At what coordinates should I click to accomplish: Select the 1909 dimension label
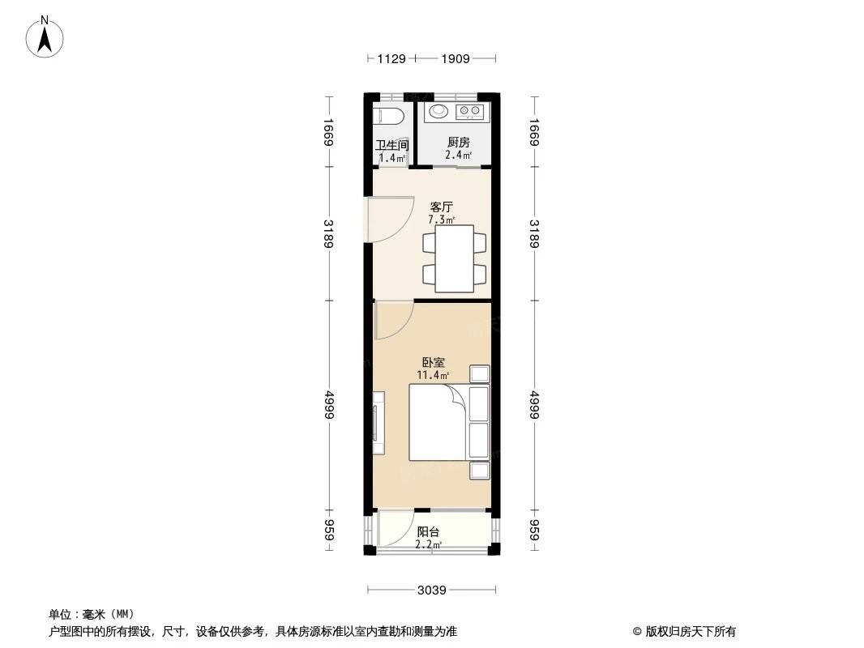tap(456, 58)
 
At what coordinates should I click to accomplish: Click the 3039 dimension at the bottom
tap(432, 590)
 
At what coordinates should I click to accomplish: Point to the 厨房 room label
tap(458, 142)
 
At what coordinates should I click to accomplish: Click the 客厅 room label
tap(441, 207)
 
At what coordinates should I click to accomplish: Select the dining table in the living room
tap(455, 258)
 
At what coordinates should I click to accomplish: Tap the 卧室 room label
tap(432, 363)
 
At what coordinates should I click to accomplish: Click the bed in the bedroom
tap(438, 422)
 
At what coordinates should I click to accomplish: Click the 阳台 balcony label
tap(428, 532)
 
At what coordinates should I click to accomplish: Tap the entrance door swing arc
tap(386, 220)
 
